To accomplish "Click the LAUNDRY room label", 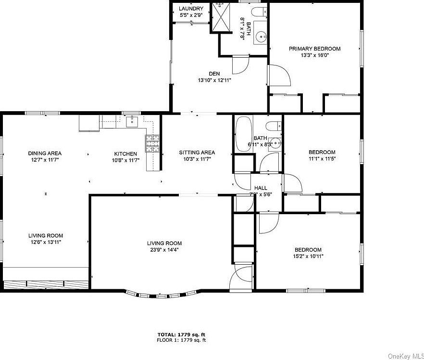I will pos(191,9).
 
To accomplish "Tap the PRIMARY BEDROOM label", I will pos(314,49).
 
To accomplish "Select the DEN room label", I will pos(214,74).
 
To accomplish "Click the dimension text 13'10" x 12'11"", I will pos(214,80).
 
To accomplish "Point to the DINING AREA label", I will pos(45,154).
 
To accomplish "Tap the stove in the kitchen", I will pos(152,143).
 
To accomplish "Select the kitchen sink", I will pos(131,122).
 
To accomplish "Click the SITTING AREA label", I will pos(197,153).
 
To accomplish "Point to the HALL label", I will pos(261,188).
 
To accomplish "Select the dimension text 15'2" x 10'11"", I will pos(308,256).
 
